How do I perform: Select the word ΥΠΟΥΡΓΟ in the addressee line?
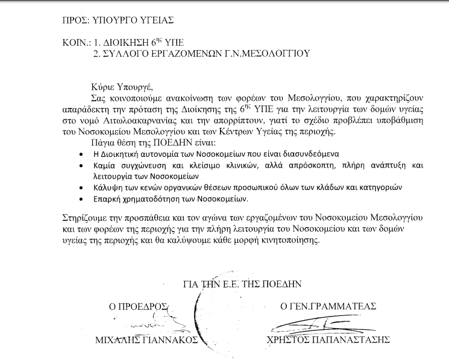click(x=118, y=19)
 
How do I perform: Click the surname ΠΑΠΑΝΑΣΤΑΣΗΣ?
click(x=348, y=340)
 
